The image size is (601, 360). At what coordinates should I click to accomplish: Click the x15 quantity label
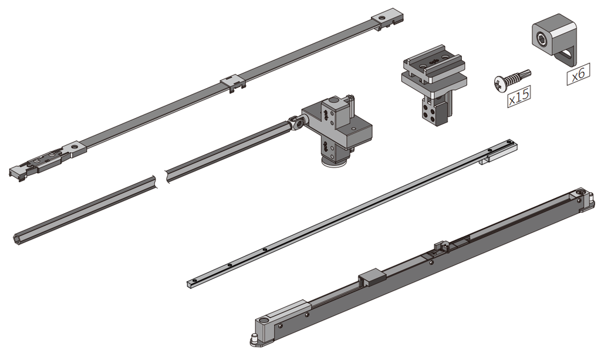(519, 96)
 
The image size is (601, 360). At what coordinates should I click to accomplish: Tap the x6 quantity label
(578, 74)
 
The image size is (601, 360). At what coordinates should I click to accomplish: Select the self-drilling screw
(512, 80)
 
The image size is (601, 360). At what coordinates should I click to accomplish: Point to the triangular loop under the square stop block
(566, 57)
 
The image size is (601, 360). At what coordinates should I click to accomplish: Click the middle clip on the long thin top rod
(232, 83)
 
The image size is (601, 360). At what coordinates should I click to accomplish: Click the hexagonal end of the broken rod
(18, 238)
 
